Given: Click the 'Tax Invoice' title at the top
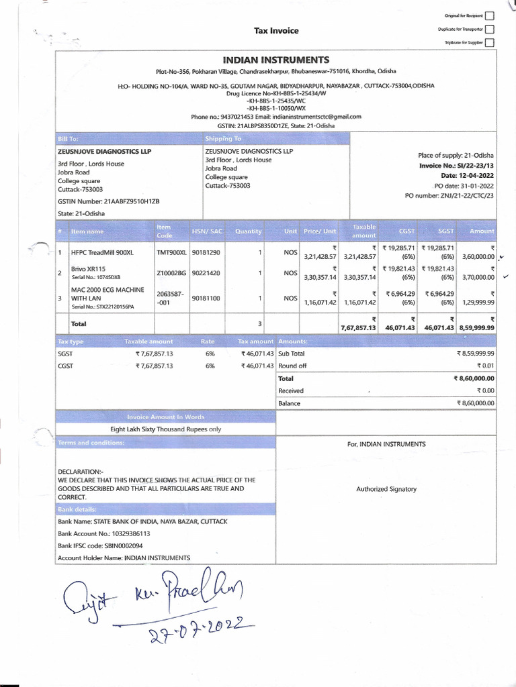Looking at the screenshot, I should click(275, 31).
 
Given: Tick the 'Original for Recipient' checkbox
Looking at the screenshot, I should click(489, 15).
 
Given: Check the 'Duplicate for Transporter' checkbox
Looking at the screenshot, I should click(489, 29).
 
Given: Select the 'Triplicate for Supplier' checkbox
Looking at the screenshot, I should click(489, 42).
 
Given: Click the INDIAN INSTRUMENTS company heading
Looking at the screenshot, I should click(275, 60).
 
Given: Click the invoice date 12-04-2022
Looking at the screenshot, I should click(478, 175).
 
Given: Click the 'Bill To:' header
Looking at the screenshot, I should click(69, 138).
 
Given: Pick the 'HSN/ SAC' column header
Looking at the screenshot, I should click(207, 231).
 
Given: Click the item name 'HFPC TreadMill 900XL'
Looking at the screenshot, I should click(102, 252).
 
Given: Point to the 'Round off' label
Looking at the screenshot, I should click(292, 366).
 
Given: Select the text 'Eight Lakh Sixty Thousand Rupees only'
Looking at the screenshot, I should click(165, 429).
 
